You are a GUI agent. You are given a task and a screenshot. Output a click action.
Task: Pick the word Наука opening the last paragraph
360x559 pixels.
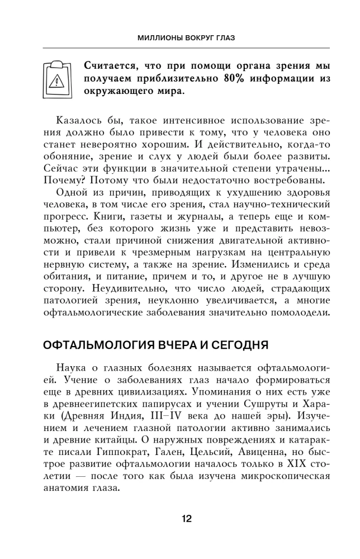click(71, 369)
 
